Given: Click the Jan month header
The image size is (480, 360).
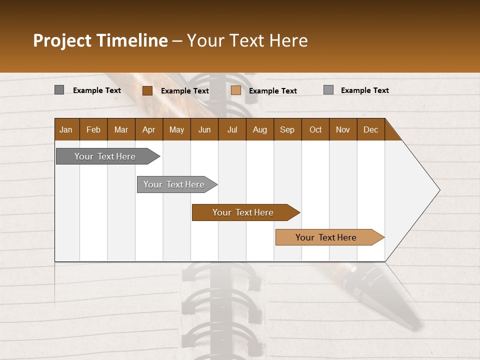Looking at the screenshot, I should pyautogui.click(x=66, y=129).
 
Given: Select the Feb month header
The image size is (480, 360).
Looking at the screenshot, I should pyautogui.click(x=93, y=129).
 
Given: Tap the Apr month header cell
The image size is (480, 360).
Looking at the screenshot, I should pyautogui.click(x=149, y=129).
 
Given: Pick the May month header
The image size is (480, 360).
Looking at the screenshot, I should pyautogui.click(x=176, y=129).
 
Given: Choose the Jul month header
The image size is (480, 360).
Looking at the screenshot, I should pyautogui.click(x=232, y=129).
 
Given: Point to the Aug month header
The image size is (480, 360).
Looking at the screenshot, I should pyautogui.click(x=260, y=129).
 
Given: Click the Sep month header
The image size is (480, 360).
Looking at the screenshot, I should pyautogui.click(x=287, y=129).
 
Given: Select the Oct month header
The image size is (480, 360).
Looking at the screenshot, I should pyautogui.click(x=315, y=129).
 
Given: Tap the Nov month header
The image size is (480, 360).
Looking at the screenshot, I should pyautogui.click(x=343, y=129).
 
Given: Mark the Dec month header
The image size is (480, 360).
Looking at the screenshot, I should pyautogui.click(x=371, y=129).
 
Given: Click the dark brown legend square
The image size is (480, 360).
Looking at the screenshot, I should pyautogui.click(x=147, y=90).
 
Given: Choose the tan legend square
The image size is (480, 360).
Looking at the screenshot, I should pyautogui.click(x=236, y=90).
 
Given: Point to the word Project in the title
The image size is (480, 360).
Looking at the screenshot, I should pyautogui.click(x=62, y=40).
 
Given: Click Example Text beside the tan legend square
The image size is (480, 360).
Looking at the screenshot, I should pyautogui.click(x=273, y=91).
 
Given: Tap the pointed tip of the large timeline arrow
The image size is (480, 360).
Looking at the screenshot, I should pyautogui.click(x=438, y=190).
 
